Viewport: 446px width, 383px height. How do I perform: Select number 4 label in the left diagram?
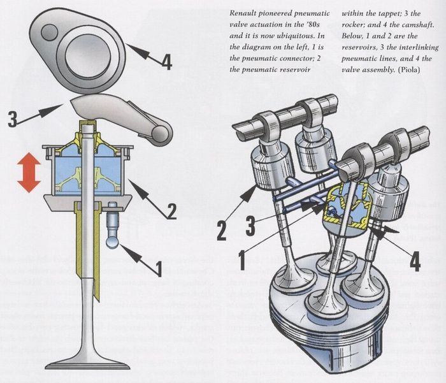166,62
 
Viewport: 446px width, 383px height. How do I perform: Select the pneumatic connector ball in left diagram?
112,243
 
